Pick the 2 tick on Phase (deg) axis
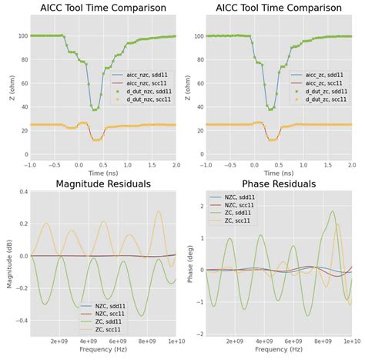(x=201, y=206)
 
